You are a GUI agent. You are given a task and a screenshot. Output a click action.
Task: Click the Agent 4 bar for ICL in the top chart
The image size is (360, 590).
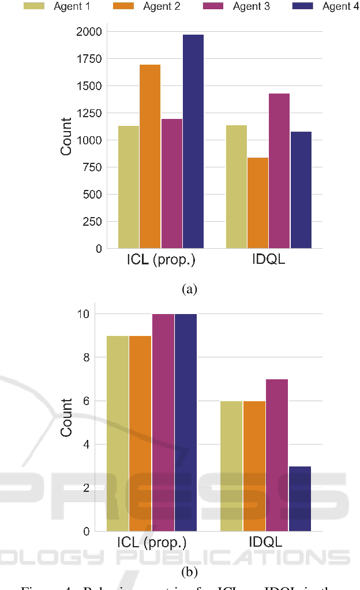[x=193, y=141]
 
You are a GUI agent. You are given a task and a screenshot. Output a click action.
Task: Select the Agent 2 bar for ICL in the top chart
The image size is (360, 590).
[x=150, y=156]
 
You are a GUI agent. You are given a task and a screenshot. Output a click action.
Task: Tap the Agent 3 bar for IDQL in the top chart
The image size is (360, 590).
[x=279, y=171]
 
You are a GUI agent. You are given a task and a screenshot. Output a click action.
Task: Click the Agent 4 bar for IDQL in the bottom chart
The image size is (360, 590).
[x=300, y=499]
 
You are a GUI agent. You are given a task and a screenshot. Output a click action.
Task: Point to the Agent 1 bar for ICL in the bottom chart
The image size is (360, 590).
[x=118, y=434]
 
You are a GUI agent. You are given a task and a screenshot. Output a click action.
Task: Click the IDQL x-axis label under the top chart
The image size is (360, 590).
[x=268, y=260]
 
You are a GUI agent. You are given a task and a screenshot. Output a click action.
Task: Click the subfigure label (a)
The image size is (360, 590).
[x=189, y=289]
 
